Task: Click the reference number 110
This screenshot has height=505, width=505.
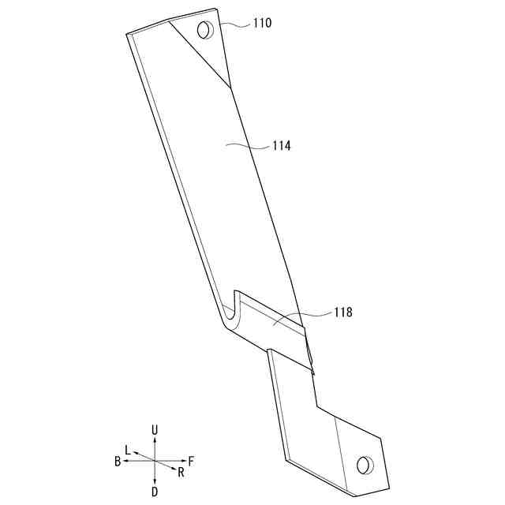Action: tap(262, 23)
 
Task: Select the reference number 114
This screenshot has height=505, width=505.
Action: tap(282, 146)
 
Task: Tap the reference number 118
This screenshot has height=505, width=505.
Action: tap(343, 312)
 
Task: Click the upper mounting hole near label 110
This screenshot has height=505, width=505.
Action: tap(205, 30)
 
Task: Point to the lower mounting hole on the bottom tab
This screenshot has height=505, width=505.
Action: tap(365, 465)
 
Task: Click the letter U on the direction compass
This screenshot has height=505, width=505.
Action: tap(155, 430)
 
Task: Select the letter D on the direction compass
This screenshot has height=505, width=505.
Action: tap(155, 492)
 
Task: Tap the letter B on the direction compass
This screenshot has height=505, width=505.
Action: tap(118, 461)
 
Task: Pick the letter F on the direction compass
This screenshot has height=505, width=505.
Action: tap(191, 461)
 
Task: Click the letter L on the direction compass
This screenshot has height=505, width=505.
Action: tap(128, 451)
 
